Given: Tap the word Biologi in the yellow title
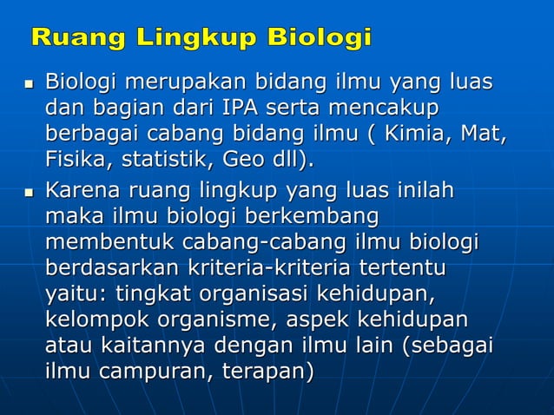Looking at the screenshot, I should tap(320, 39).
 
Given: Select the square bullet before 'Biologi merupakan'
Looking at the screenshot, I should tap(27, 87).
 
